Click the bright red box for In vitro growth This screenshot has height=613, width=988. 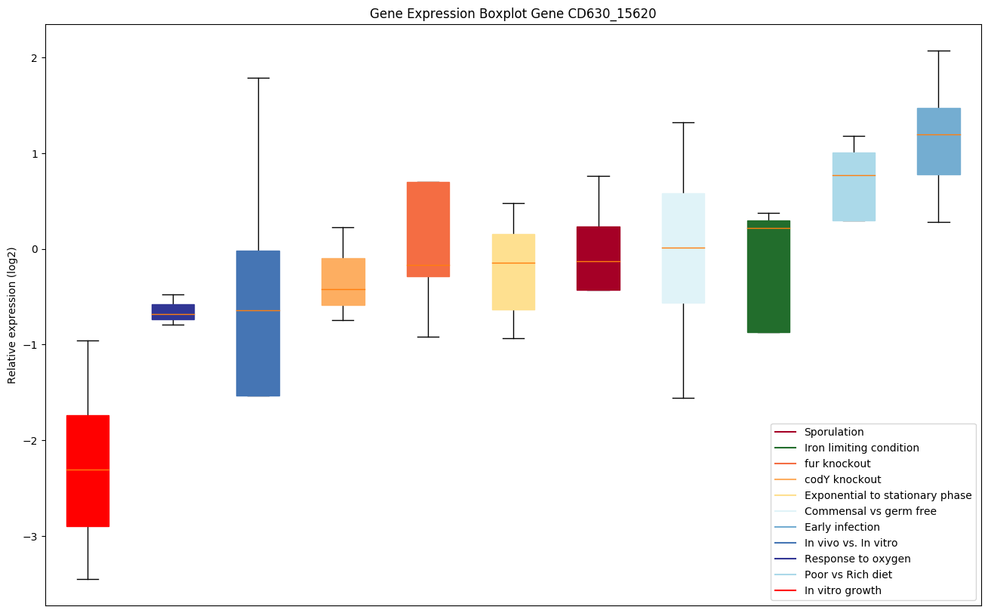88,470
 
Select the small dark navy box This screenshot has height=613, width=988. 173,312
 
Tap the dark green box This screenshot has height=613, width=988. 768,276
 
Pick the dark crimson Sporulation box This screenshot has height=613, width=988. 599,258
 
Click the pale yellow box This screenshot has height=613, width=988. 513,272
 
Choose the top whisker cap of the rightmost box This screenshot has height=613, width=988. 939,51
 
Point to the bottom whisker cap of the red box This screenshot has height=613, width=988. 88,579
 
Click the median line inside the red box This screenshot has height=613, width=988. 88,470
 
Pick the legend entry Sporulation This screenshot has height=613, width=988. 834,432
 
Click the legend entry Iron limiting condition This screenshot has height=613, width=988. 861,448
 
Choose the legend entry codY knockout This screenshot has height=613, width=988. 842,479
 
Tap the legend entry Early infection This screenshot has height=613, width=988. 842,527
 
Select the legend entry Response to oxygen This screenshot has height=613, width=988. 857,559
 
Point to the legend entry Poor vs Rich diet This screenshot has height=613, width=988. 848,574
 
